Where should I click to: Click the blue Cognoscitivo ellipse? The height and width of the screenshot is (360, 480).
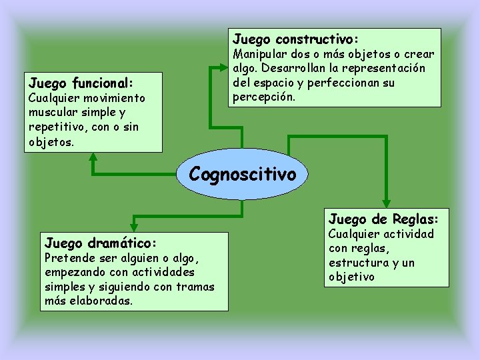coord(242,174)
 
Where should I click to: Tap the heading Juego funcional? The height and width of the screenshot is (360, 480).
coord(81,83)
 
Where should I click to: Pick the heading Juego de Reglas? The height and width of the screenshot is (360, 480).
coord(383,219)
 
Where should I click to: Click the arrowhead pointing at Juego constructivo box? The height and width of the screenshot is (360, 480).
coord(223,67)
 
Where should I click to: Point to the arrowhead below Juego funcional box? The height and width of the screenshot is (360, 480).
coord(93,157)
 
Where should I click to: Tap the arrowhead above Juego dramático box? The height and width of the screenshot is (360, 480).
coord(135,221)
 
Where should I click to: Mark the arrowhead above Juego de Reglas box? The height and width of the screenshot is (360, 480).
coord(386,204)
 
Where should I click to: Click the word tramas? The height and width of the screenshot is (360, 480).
coord(197,287)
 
